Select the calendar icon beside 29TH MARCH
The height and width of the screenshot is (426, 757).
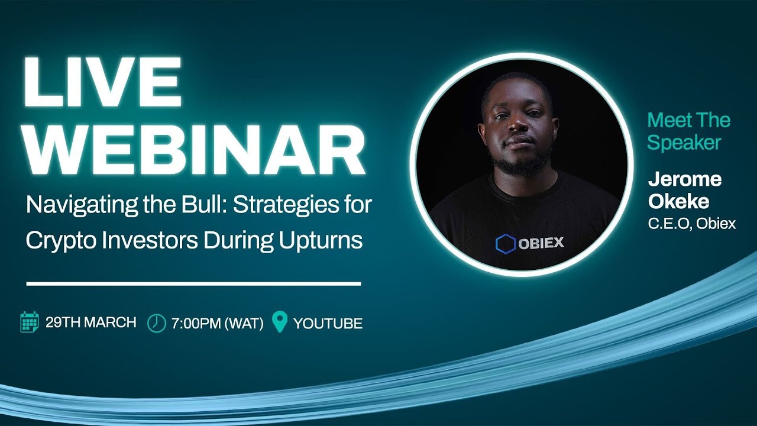coord(30,322)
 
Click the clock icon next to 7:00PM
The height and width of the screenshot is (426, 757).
coord(156,323)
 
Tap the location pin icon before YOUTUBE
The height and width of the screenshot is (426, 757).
coord(279,322)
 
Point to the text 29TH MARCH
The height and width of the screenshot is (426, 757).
coord(90,323)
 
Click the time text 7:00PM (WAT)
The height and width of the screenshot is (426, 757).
coord(217,324)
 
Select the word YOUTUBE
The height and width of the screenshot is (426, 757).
coord(328,324)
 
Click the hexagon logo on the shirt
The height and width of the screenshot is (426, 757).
coord(506,243)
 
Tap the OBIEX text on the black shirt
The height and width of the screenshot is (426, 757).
coord(541,243)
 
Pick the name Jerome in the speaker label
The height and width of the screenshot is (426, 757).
coord(684,179)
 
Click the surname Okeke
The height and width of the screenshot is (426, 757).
coord(678,202)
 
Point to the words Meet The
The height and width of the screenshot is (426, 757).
coord(688,121)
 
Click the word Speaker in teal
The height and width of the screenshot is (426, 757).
coord(684,143)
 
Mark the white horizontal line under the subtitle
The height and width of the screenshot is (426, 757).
coord(193,284)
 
